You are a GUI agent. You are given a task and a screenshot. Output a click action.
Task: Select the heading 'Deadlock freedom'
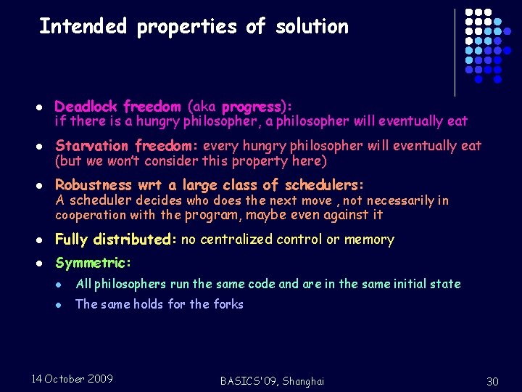(x=117, y=107)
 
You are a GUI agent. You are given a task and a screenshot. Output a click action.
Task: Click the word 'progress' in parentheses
(x=251, y=107)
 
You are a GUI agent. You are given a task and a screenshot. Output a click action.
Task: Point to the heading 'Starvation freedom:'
(x=127, y=145)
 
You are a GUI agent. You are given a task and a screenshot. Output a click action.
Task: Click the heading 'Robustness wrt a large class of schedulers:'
(x=210, y=184)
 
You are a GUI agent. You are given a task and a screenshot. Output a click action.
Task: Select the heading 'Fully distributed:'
(x=116, y=240)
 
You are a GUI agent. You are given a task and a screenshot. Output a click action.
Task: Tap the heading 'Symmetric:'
(x=93, y=263)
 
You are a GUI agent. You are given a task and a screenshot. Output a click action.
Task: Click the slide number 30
(x=493, y=382)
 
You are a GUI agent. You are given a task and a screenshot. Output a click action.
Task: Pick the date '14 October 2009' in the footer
(x=72, y=379)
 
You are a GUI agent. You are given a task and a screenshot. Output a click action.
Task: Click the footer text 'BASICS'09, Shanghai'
(x=273, y=381)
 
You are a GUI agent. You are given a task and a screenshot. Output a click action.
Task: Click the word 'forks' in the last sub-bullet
(x=228, y=304)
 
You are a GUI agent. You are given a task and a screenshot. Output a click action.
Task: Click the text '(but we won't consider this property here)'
(x=191, y=160)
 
